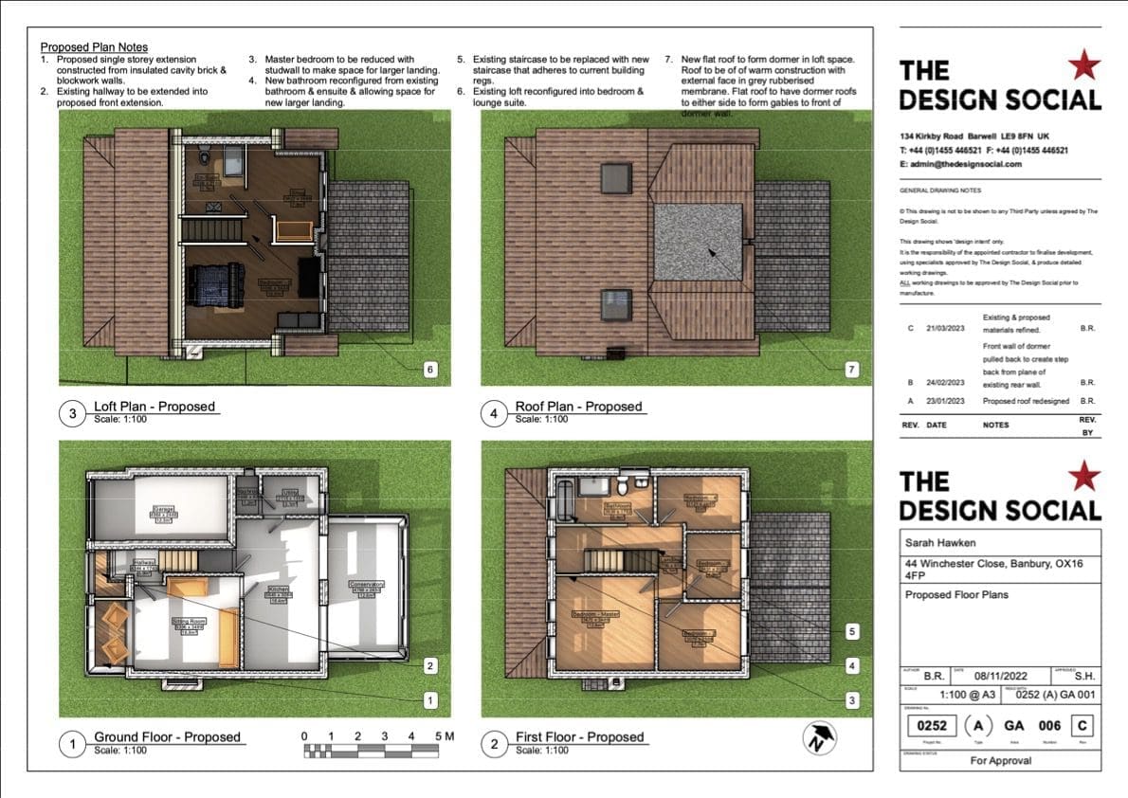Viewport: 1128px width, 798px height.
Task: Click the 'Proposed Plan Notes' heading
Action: (94, 46)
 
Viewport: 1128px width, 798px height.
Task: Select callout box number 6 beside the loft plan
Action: (430, 369)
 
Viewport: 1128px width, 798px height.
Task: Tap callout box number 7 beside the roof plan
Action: (851, 369)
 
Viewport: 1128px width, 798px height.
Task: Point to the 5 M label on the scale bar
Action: (444, 736)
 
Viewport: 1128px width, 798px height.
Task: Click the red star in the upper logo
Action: (1083, 65)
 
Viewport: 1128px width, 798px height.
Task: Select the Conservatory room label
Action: (365, 588)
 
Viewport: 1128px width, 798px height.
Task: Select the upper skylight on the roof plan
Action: (615, 176)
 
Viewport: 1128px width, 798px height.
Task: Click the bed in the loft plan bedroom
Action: (216, 284)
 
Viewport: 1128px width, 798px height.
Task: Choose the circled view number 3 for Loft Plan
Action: (74, 413)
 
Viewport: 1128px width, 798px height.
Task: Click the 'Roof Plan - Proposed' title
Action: (578, 407)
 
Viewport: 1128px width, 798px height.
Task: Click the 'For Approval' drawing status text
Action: (1000, 760)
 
